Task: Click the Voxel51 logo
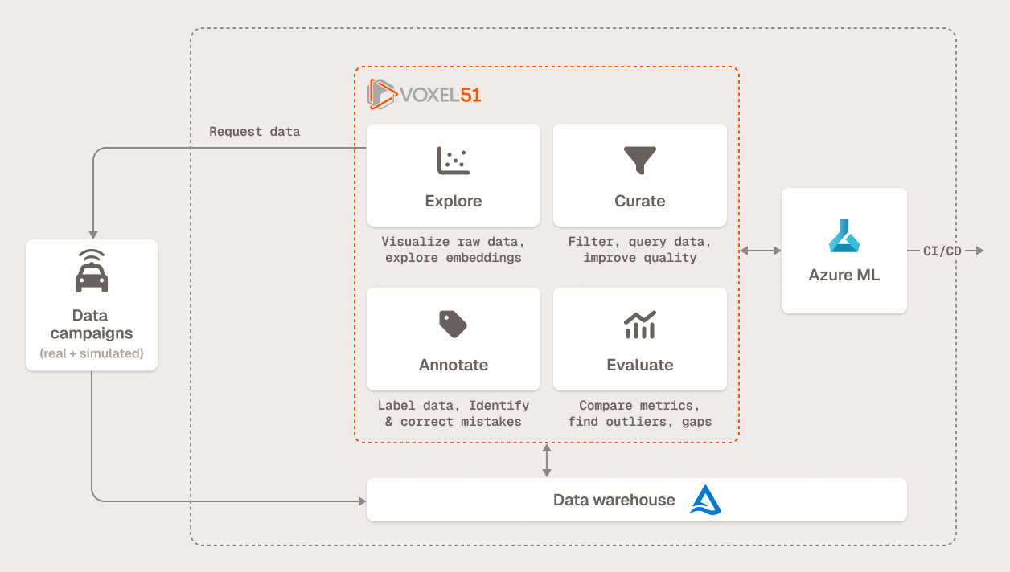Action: (424, 94)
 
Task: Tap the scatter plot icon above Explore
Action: (454, 161)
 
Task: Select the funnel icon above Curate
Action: (640, 161)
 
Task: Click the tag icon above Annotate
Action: (454, 324)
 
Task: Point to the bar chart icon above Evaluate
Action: (640, 324)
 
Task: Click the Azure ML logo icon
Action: (844, 235)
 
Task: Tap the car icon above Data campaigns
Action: (92, 271)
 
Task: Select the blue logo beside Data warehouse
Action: (705, 500)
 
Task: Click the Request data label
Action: (254, 132)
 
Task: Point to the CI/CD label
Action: (942, 251)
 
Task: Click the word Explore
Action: (454, 201)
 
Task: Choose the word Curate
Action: (640, 201)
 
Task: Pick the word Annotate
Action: (454, 365)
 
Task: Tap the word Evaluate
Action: (640, 365)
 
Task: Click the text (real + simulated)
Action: (92, 353)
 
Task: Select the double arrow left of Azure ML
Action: (761, 251)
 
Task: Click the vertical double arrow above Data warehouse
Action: (547, 460)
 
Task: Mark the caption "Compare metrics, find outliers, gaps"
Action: (640, 414)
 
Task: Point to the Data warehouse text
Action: (614, 500)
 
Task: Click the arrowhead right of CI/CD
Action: (978, 251)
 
